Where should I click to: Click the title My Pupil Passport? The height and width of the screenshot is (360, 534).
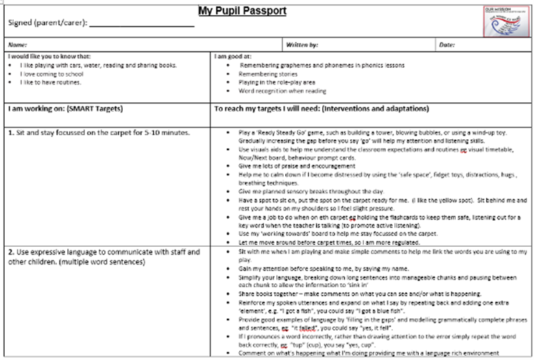(242, 11)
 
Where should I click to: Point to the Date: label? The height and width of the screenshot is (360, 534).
(448, 45)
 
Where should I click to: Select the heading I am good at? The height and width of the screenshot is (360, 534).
(236, 56)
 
